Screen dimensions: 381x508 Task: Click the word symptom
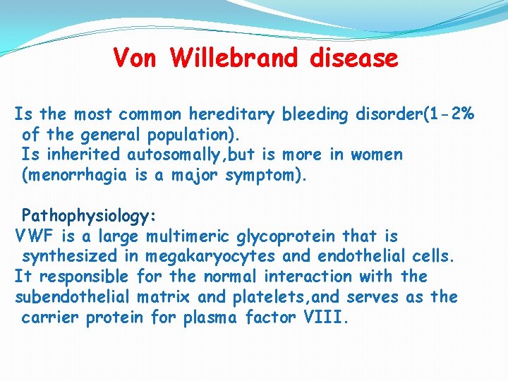click(x=264, y=176)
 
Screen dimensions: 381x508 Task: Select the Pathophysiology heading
click(x=88, y=214)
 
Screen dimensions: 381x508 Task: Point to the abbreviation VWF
click(x=34, y=236)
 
